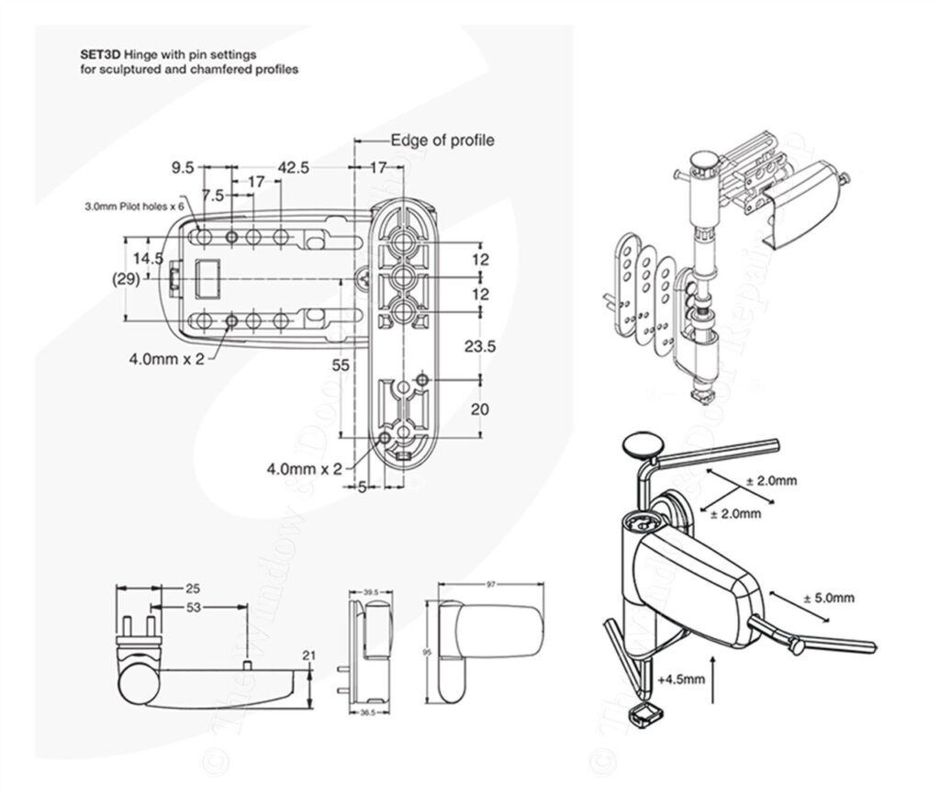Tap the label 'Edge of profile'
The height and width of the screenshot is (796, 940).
click(442, 140)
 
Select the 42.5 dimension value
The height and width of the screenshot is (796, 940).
click(293, 168)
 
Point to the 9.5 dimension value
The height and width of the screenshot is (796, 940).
click(183, 168)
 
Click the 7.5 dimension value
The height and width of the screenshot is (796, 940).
click(214, 196)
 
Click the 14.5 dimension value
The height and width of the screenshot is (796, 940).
click(148, 259)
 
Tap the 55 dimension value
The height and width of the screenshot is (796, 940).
click(341, 364)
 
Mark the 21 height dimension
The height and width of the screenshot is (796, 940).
click(308, 654)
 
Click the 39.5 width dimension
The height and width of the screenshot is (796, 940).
click(371, 593)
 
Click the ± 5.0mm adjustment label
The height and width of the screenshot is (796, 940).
click(829, 598)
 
